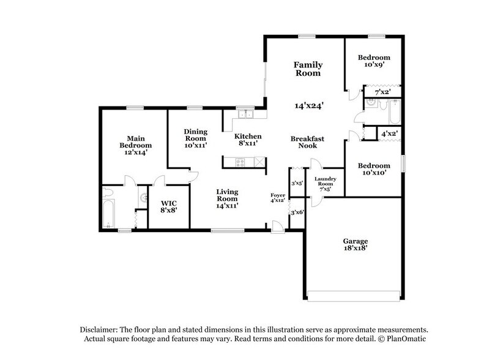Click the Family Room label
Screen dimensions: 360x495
click(x=308, y=69)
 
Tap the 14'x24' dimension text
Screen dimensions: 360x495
click(x=309, y=105)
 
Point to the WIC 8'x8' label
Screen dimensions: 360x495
click(x=169, y=207)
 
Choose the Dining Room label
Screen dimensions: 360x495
click(x=196, y=135)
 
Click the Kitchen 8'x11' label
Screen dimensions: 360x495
click(x=248, y=140)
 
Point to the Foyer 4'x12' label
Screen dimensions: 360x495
click(x=278, y=198)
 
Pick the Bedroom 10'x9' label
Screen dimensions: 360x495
click(x=374, y=61)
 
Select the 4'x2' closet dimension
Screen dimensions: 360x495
click(x=390, y=133)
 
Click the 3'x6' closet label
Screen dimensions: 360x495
click(x=297, y=212)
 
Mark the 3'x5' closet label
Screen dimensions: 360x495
click(x=297, y=182)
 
